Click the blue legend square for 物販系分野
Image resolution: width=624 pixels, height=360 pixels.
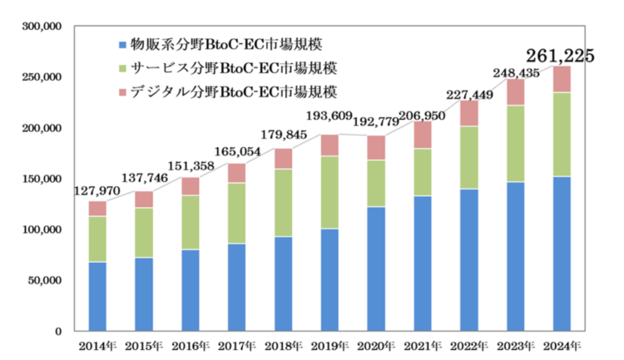coord(124,43)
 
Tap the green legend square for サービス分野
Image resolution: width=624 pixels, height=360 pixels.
coord(124,67)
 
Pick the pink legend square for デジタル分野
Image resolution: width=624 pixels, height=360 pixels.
coord(124,90)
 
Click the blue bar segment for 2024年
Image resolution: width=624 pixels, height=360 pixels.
coord(562,253)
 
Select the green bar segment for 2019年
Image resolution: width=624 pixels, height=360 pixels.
coord(329,192)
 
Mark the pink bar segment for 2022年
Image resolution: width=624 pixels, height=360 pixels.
coord(469,113)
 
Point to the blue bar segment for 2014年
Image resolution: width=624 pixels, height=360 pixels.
coord(97,296)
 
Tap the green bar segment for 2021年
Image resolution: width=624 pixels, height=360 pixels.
coord(423,172)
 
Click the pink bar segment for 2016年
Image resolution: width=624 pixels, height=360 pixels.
coord(191,186)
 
